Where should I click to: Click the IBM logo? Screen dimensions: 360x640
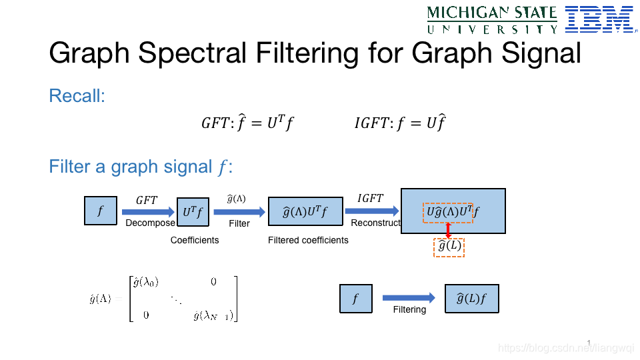(x=599, y=19)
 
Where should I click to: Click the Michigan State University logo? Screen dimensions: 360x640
(x=492, y=19)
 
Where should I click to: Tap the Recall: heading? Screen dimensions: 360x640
(x=77, y=96)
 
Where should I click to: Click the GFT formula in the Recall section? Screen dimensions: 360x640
(x=247, y=123)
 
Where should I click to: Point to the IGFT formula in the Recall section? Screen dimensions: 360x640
(x=400, y=123)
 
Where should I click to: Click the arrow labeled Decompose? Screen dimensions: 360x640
(x=147, y=211)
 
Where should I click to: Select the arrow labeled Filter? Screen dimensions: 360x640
(x=237, y=211)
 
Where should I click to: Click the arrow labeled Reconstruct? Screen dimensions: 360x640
(x=371, y=211)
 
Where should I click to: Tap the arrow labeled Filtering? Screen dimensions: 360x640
(x=409, y=298)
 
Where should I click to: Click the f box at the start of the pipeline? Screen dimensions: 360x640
(x=101, y=211)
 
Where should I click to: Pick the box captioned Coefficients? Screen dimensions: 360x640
(x=193, y=212)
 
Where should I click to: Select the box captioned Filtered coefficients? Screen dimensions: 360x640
(x=305, y=212)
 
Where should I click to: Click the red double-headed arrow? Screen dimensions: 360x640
(x=448, y=230)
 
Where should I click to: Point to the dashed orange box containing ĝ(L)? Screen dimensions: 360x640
(x=449, y=247)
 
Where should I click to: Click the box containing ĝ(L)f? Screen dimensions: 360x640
(x=471, y=299)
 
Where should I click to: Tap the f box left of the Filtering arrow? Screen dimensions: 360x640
(x=355, y=299)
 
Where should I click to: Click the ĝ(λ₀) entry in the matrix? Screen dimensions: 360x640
(x=146, y=282)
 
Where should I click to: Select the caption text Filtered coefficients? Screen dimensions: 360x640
(x=308, y=240)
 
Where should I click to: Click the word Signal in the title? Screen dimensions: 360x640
(x=530, y=53)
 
